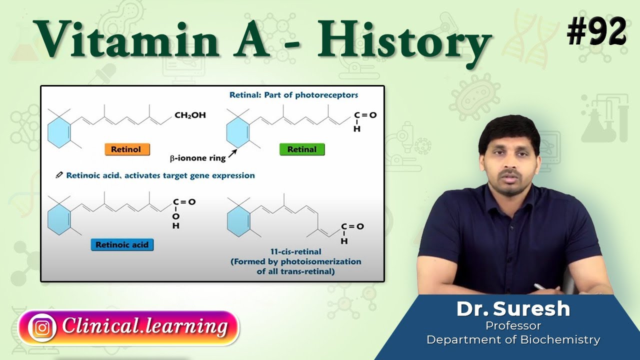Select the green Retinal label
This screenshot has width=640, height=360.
point(301,149)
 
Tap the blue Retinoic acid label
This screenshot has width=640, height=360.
point(122,244)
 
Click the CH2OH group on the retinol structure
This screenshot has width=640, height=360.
point(190,115)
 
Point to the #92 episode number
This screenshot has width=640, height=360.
point(596,32)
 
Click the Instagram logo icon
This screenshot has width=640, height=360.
point(42,327)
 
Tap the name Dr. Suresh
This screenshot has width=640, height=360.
point(513,309)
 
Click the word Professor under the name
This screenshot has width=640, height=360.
point(513,326)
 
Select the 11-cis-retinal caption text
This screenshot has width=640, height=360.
point(295,252)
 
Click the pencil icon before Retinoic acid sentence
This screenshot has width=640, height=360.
point(59,175)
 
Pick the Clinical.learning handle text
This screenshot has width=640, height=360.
point(145,327)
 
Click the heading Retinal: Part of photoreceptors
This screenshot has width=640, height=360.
point(293,94)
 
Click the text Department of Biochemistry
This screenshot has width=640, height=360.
point(513,340)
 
